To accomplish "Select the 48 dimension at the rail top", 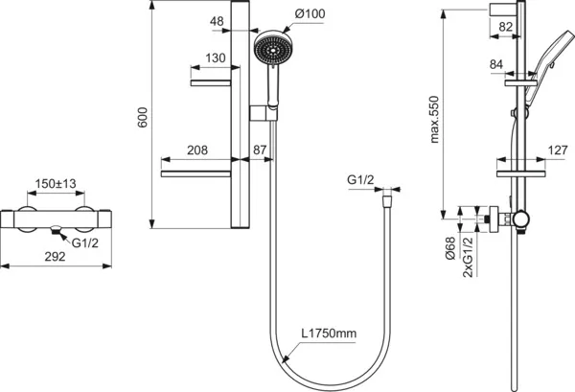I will [x=217, y=21].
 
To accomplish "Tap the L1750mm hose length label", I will [x=329, y=334].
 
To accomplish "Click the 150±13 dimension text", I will [x=57, y=184].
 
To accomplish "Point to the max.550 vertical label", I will [x=434, y=119].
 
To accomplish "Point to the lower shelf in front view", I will [x=195, y=173].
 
